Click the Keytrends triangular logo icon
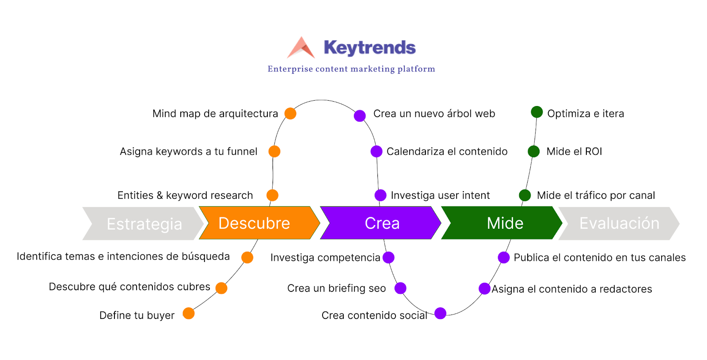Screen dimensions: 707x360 (301, 48)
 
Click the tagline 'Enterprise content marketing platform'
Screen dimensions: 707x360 (351, 69)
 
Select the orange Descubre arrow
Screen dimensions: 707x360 (259, 223)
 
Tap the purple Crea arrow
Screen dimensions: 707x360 (380, 223)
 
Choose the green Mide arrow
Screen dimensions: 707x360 (502, 223)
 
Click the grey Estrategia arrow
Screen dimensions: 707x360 (143, 224)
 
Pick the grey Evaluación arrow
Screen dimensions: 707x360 (619, 224)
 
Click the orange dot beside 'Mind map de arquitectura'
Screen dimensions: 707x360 (290, 114)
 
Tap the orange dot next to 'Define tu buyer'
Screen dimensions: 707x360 (189, 314)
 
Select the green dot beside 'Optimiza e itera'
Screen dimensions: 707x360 (537, 112)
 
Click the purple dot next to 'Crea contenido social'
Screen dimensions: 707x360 (440, 313)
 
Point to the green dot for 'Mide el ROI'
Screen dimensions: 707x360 (534, 152)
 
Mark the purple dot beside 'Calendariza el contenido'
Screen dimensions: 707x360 (376, 152)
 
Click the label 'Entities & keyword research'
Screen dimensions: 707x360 (185, 195)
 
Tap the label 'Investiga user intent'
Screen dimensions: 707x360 (440, 195)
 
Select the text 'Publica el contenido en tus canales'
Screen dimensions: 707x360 (600, 258)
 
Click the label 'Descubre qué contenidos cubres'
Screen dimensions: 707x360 (129, 287)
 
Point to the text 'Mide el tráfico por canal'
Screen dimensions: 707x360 (596, 195)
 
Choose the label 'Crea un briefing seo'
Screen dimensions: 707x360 (336, 288)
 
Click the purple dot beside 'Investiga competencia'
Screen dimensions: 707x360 (388, 258)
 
